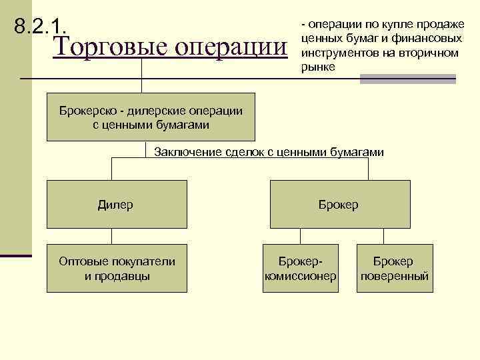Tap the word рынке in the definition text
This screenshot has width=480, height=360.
tap(319, 67)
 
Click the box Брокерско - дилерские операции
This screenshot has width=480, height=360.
tap(151, 117)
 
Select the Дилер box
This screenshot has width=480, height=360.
tap(115, 205)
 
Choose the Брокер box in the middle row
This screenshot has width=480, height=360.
tap(339, 205)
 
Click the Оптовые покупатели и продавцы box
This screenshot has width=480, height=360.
tap(117, 268)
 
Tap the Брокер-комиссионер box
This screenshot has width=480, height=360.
tap(300, 268)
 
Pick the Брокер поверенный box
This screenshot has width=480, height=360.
tap(393, 268)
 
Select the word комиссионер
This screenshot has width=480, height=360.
tap(300, 275)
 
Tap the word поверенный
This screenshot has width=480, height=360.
tap(393, 275)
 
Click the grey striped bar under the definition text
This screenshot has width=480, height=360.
tap(407, 79)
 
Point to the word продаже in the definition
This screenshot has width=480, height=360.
tap(441, 25)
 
